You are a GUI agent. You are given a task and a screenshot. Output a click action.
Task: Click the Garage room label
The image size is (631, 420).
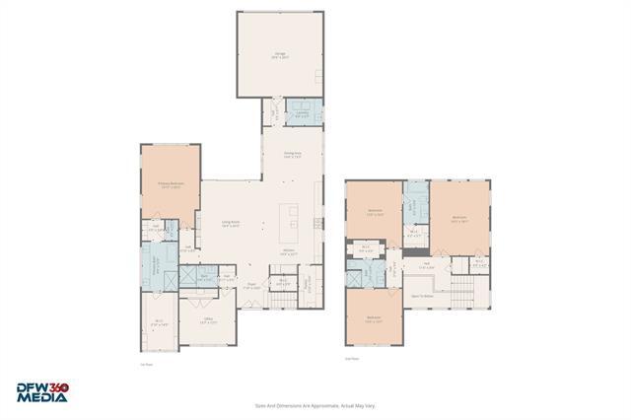[x=281, y=57]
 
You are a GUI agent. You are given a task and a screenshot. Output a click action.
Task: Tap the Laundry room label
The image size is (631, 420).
[x=300, y=114]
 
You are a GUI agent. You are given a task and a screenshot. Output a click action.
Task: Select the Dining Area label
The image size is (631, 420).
[x=292, y=155]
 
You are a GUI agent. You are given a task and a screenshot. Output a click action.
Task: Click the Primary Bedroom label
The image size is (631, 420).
[x=171, y=184]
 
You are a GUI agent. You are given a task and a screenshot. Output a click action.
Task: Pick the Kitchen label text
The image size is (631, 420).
[x=289, y=252]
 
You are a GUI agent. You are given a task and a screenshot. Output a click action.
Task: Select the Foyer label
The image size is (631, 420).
[x=252, y=287]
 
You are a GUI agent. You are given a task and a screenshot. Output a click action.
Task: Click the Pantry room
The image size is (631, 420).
[x=282, y=283]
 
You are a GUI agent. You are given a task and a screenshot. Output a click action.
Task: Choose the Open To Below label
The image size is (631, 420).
[x=422, y=295]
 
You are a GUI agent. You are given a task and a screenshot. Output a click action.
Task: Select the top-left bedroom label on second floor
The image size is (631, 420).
[x=375, y=212]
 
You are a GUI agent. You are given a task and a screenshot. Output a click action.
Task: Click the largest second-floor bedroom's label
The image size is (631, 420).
[x=458, y=220]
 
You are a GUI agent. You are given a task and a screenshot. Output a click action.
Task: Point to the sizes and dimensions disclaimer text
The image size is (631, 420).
[x=315, y=404]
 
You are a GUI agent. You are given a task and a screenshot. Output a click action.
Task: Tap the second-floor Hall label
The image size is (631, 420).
[x=428, y=265]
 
